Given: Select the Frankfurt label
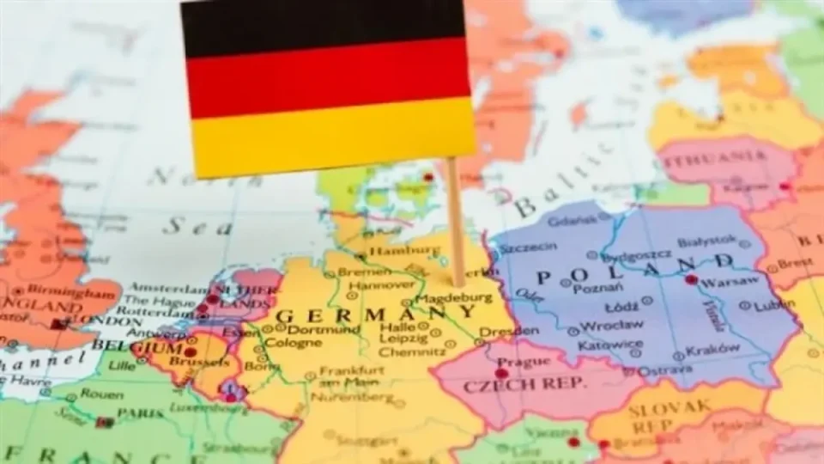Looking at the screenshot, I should tap(350, 370).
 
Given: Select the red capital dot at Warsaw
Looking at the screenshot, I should tap(691, 280).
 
